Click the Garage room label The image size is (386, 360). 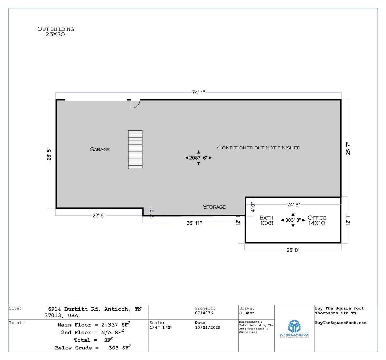[x=100, y=149]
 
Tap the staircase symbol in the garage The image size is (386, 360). [x=135, y=149]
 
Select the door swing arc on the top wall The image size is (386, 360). [x=137, y=105]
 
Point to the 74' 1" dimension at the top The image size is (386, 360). [x=198, y=92]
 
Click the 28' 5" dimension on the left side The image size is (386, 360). [x=49, y=154]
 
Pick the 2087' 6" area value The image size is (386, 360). [x=198, y=158]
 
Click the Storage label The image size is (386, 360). [x=214, y=207]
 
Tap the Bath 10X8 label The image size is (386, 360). [x=266, y=220]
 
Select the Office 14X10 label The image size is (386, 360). [x=317, y=220]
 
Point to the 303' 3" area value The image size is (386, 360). [x=293, y=220]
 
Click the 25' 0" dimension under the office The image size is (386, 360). [x=293, y=250]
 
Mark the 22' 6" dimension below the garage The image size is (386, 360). [x=99, y=215]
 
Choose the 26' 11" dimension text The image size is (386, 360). [x=194, y=223]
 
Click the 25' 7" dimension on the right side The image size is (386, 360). [x=348, y=148]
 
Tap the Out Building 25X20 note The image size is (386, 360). [x=56, y=32]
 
